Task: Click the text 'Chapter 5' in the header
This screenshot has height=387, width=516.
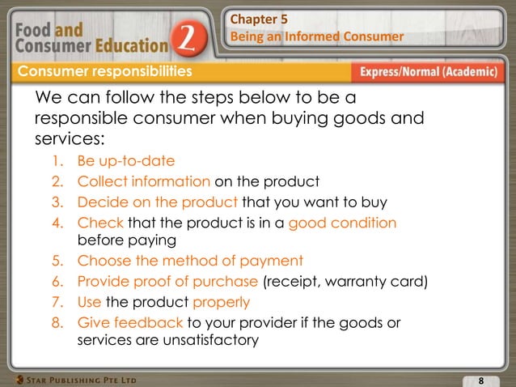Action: tap(259, 18)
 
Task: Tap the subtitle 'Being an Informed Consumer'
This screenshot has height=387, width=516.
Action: tap(316, 37)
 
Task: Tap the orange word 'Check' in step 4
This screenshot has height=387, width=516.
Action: tap(98, 221)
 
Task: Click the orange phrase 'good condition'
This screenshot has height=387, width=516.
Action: tap(346, 221)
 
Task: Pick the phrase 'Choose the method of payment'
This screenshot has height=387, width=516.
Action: tap(190, 261)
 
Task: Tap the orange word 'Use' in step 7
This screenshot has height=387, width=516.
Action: tap(90, 302)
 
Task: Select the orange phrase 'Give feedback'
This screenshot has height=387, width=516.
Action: tap(130, 322)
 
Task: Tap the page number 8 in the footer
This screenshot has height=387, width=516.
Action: tap(480, 381)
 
